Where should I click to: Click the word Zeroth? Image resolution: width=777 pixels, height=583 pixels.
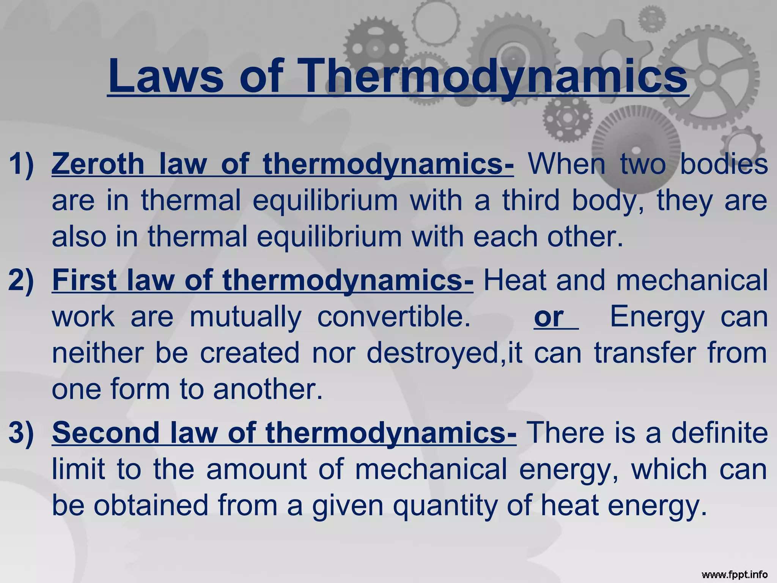(x=98, y=164)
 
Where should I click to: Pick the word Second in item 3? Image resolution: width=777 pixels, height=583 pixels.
(x=106, y=432)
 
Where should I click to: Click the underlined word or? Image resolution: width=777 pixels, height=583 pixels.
(x=549, y=317)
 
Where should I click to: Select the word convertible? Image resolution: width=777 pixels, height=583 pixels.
(x=394, y=317)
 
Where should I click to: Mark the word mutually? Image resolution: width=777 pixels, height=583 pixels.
(x=246, y=317)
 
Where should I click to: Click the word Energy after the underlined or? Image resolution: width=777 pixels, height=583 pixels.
(x=657, y=317)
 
